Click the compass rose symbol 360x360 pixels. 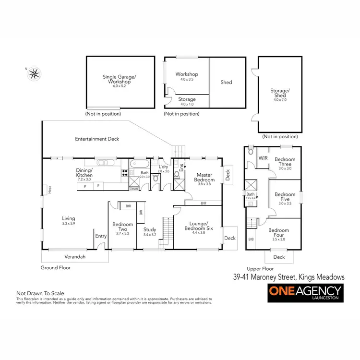34,73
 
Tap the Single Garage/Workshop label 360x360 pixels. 120,79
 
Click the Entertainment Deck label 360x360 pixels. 97,139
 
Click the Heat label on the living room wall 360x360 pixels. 49,190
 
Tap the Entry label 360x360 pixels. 101,236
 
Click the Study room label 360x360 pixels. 150,232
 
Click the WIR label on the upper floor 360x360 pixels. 263,157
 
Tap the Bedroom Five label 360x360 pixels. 285,197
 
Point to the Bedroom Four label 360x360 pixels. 278,233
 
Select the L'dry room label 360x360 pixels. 163,168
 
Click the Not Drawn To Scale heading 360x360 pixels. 40,293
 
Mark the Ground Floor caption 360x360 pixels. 56,268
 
